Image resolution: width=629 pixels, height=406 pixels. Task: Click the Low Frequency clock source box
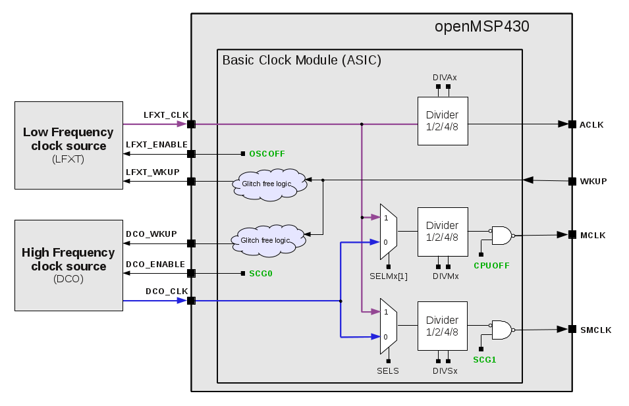click(68, 145)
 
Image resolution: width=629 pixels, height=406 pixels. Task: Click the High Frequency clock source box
click(68, 265)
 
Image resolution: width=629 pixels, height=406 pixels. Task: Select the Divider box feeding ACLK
click(442, 121)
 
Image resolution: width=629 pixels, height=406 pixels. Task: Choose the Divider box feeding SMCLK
click(442, 326)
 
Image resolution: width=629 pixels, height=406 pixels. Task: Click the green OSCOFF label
click(267, 154)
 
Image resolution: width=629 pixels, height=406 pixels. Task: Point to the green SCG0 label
click(261, 273)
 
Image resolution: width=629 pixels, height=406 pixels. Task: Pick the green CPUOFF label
click(491, 266)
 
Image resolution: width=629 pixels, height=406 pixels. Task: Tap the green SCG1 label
click(485, 360)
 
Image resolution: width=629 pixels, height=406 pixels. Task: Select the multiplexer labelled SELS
click(388, 324)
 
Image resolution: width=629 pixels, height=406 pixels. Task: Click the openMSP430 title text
click(481, 27)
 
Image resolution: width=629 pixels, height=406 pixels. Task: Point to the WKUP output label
click(593, 181)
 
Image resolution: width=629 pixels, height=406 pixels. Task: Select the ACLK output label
click(591, 124)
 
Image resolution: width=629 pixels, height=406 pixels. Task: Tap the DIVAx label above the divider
click(445, 77)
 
